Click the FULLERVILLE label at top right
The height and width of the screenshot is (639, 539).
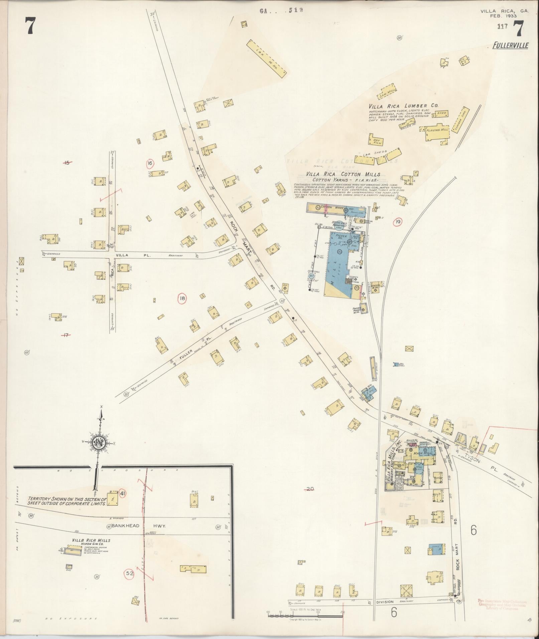tap(510, 45)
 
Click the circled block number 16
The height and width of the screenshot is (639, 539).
tap(150, 163)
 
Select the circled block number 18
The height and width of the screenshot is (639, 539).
tap(182, 299)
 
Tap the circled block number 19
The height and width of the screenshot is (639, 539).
tap(398, 222)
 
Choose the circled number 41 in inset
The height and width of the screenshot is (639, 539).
tap(122, 494)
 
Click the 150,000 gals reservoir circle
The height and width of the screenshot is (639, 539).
tap(340, 227)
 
